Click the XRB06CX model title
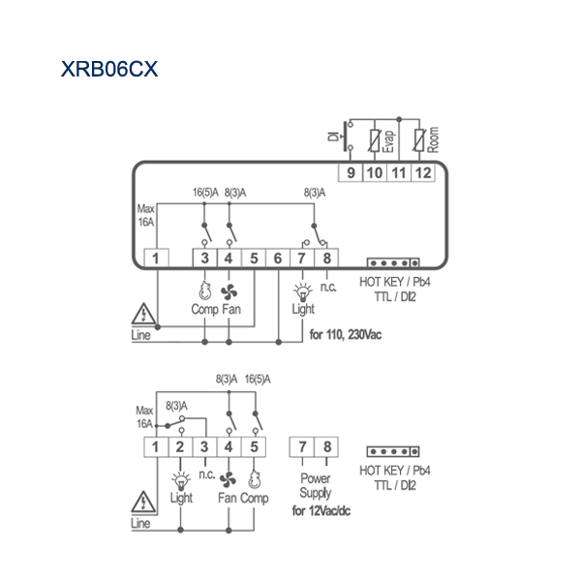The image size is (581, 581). point(109,69)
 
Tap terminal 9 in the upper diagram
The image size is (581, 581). point(351,172)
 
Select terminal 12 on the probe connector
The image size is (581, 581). point(423,172)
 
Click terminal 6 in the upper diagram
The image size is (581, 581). point(278,258)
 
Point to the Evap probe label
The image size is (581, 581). point(388,141)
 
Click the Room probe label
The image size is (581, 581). point(433,139)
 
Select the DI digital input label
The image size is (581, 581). point(333,137)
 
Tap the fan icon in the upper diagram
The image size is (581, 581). point(229,292)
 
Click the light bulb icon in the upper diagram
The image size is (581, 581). point(303,292)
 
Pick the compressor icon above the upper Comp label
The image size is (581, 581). point(204,290)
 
